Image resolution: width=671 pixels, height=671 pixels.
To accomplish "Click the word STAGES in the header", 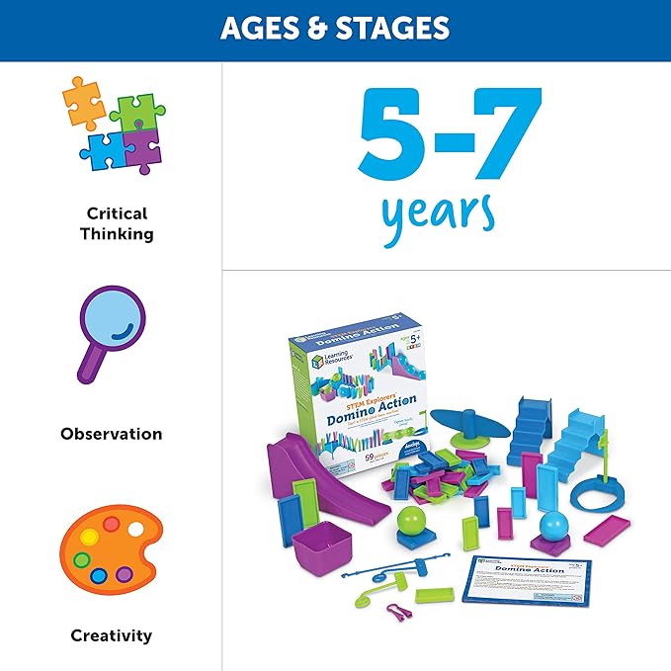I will (x=392, y=28).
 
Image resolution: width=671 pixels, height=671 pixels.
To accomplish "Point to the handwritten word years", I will (x=438, y=212).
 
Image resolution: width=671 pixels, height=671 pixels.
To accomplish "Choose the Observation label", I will (x=112, y=434).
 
